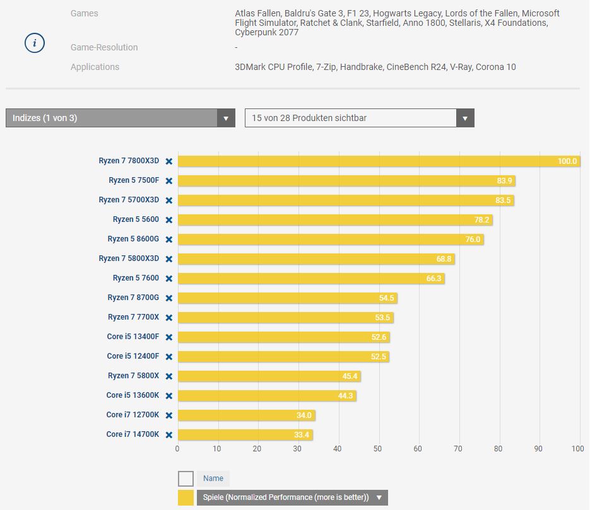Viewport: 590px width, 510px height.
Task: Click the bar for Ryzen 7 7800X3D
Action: coord(379,161)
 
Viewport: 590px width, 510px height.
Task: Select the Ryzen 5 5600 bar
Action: coord(334,220)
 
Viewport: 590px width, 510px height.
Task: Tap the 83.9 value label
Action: coord(504,181)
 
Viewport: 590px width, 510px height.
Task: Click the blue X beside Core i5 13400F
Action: coord(169,337)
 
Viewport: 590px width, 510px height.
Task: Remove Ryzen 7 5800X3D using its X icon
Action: coord(169,259)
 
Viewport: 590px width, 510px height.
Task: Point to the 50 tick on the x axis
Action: coord(377,449)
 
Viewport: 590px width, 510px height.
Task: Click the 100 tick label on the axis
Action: coord(577,449)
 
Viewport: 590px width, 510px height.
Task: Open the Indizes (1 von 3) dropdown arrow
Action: coord(226,118)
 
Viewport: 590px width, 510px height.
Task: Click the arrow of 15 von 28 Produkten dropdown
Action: coord(465,118)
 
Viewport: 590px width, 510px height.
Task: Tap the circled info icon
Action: coord(35,43)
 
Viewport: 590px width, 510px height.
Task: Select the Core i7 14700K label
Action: coord(133,434)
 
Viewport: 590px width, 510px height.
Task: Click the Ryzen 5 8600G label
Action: coord(133,239)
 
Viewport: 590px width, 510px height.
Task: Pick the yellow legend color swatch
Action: coord(186,497)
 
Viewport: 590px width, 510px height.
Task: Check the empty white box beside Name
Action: coord(186,478)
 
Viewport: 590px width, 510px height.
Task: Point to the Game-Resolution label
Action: coord(104,47)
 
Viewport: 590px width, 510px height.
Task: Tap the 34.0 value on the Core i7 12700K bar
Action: coord(304,415)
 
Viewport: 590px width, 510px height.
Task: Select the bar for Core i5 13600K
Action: coord(267,396)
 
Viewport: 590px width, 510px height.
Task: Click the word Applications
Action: coord(95,67)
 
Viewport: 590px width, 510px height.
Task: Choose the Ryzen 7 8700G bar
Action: coord(287,298)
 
